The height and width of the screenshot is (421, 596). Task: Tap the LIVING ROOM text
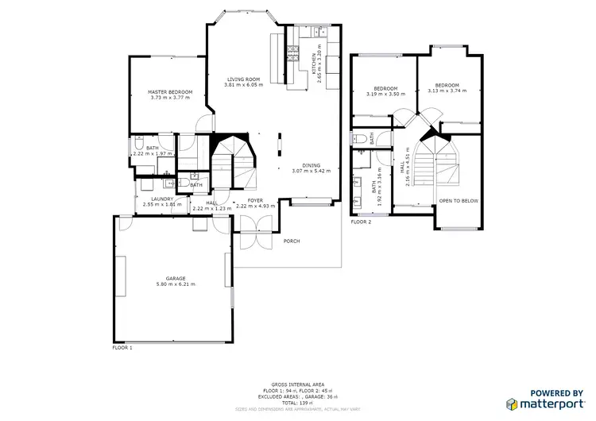point(243,79)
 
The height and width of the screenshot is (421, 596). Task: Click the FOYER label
point(254,200)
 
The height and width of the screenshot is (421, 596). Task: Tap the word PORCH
point(292,241)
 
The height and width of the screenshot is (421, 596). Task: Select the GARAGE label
point(176,278)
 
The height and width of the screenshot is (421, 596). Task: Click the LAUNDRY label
point(163,199)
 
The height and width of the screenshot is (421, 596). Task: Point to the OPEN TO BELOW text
point(459,201)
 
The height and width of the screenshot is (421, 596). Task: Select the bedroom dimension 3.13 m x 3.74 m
point(446,91)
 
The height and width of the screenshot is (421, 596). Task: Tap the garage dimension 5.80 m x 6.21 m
point(176,284)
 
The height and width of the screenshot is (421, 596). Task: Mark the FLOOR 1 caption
point(122,348)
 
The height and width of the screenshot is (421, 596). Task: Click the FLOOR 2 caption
point(361,222)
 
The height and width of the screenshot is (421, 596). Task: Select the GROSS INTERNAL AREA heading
point(297,384)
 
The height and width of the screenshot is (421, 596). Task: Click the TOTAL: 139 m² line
point(297,404)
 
